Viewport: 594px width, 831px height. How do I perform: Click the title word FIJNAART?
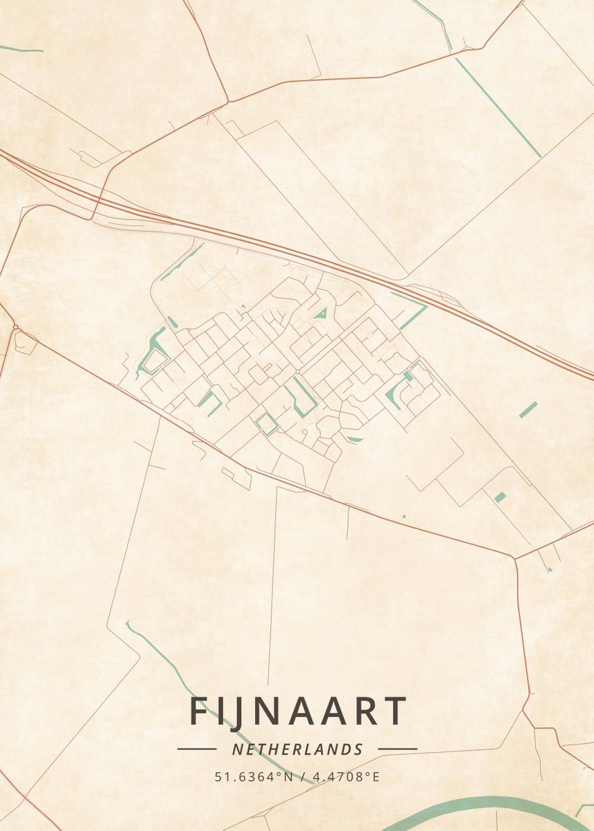coord(297,711)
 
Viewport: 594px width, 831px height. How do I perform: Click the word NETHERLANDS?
coord(297,749)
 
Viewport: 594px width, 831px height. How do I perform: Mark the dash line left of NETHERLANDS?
coord(197,749)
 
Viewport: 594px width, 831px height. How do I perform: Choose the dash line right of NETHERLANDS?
coord(397,749)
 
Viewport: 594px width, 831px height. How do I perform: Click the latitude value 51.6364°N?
coord(254,777)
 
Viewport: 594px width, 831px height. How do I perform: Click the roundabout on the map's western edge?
coord(15,327)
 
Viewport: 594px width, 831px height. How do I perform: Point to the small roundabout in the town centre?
coord(297,372)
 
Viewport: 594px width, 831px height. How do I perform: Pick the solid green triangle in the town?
coord(320,314)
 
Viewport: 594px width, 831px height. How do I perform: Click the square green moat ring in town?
coord(267,425)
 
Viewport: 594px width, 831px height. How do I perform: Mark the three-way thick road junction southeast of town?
coord(514,557)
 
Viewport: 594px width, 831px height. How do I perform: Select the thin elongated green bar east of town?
coord(528,409)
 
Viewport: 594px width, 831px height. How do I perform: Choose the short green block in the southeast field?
coord(500,497)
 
